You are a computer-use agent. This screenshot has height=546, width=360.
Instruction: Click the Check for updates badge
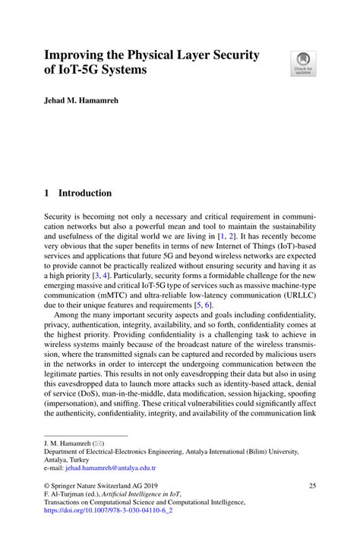tap(303, 63)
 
